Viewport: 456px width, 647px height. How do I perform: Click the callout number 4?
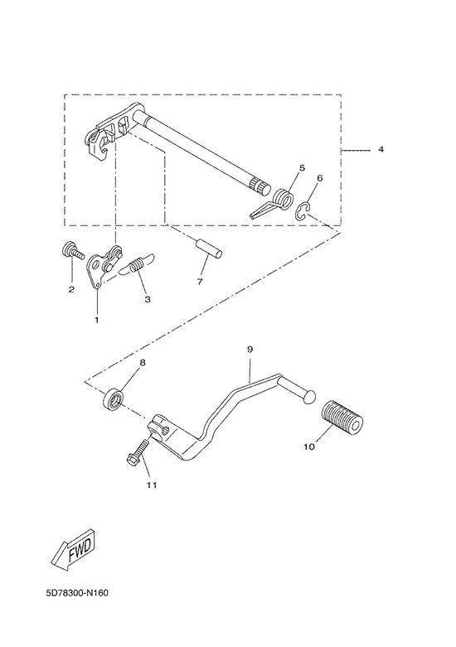381,149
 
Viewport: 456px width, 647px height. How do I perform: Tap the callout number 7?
200,282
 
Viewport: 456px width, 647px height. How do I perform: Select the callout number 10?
309,447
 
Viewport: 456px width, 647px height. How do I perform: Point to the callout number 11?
152,485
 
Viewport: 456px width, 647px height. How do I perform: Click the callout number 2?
71,289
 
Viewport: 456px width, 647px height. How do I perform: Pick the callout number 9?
250,349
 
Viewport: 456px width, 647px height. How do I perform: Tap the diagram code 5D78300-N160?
77,593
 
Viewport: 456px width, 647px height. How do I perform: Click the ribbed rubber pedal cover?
342,418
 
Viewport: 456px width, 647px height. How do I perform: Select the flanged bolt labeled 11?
138,452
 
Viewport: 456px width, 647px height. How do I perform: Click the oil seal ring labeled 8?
113,399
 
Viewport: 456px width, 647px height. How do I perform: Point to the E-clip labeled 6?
303,211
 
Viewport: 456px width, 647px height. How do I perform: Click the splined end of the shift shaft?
261,187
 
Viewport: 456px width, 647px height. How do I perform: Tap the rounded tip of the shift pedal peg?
309,396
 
